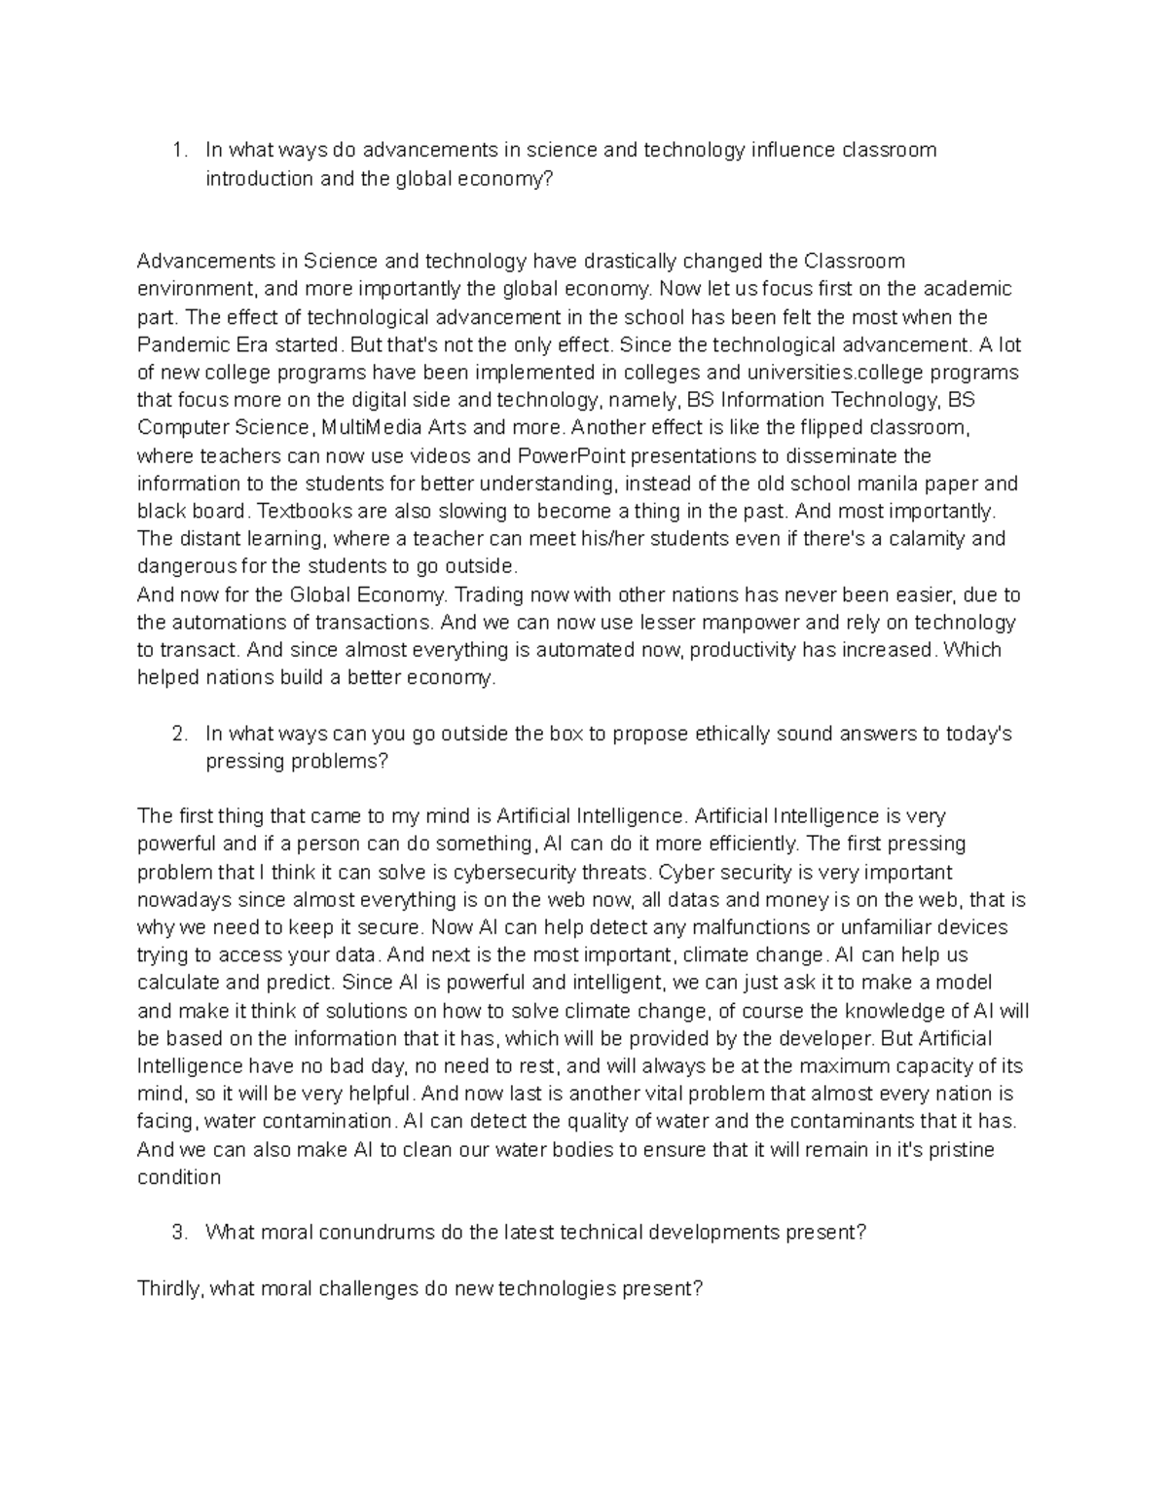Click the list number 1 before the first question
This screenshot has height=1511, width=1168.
pyautogui.click(x=176, y=150)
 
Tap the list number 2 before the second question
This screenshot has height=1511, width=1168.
pyautogui.click(x=176, y=734)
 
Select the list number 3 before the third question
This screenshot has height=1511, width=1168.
pyautogui.click(x=176, y=1233)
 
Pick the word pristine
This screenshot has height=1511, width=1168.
pyautogui.click(x=960, y=1149)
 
